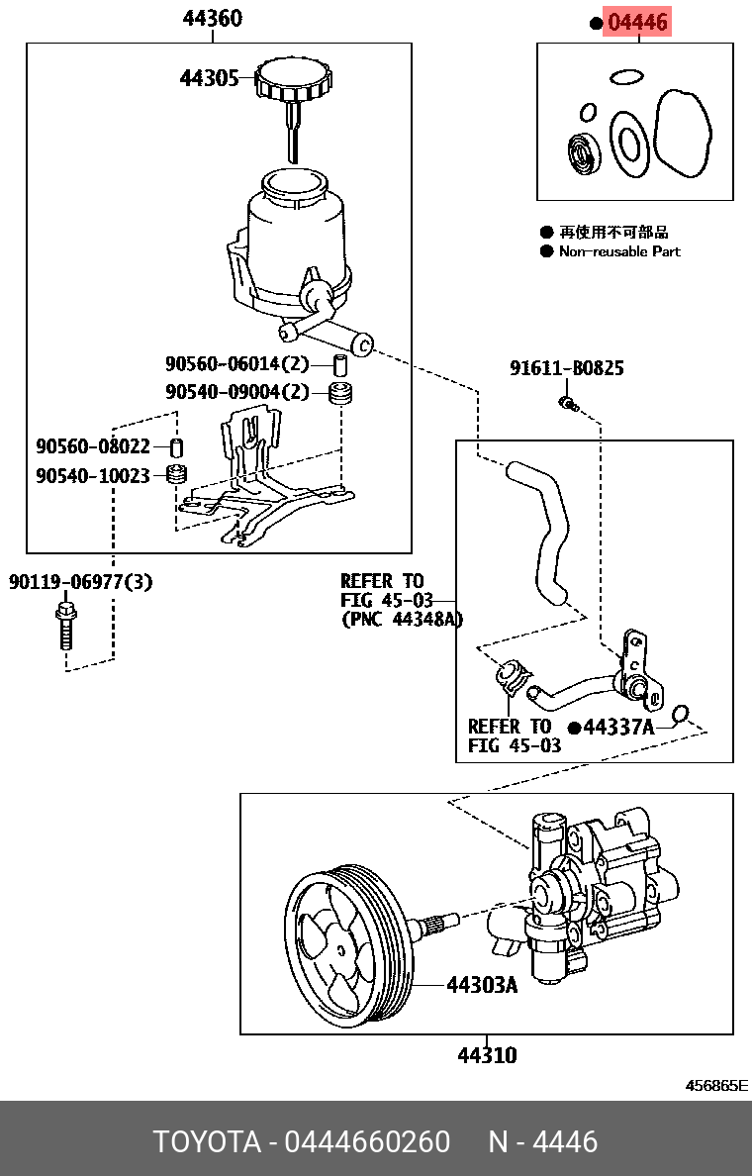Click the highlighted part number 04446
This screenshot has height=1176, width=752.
(637, 22)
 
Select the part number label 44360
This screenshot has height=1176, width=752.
(212, 19)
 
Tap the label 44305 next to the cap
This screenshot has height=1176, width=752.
(208, 78)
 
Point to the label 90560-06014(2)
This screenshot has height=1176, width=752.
(236, 363)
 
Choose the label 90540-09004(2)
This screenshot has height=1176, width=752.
(236, 391)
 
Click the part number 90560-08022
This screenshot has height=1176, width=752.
(92, 447)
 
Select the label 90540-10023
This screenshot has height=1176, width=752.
(92, 476)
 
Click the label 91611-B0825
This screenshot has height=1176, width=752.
(566, 368)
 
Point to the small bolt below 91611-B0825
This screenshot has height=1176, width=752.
(567, 402)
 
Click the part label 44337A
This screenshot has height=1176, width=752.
(617, 728)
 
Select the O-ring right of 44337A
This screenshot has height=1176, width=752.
(679, 715)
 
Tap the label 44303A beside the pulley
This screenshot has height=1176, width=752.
(482, 985)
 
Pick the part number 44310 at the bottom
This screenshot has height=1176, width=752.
(486, 1055)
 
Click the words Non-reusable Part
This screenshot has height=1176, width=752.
(619, 251)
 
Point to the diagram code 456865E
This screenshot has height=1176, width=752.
(716, 1085)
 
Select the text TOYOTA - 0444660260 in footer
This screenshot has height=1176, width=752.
(301, 1141)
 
